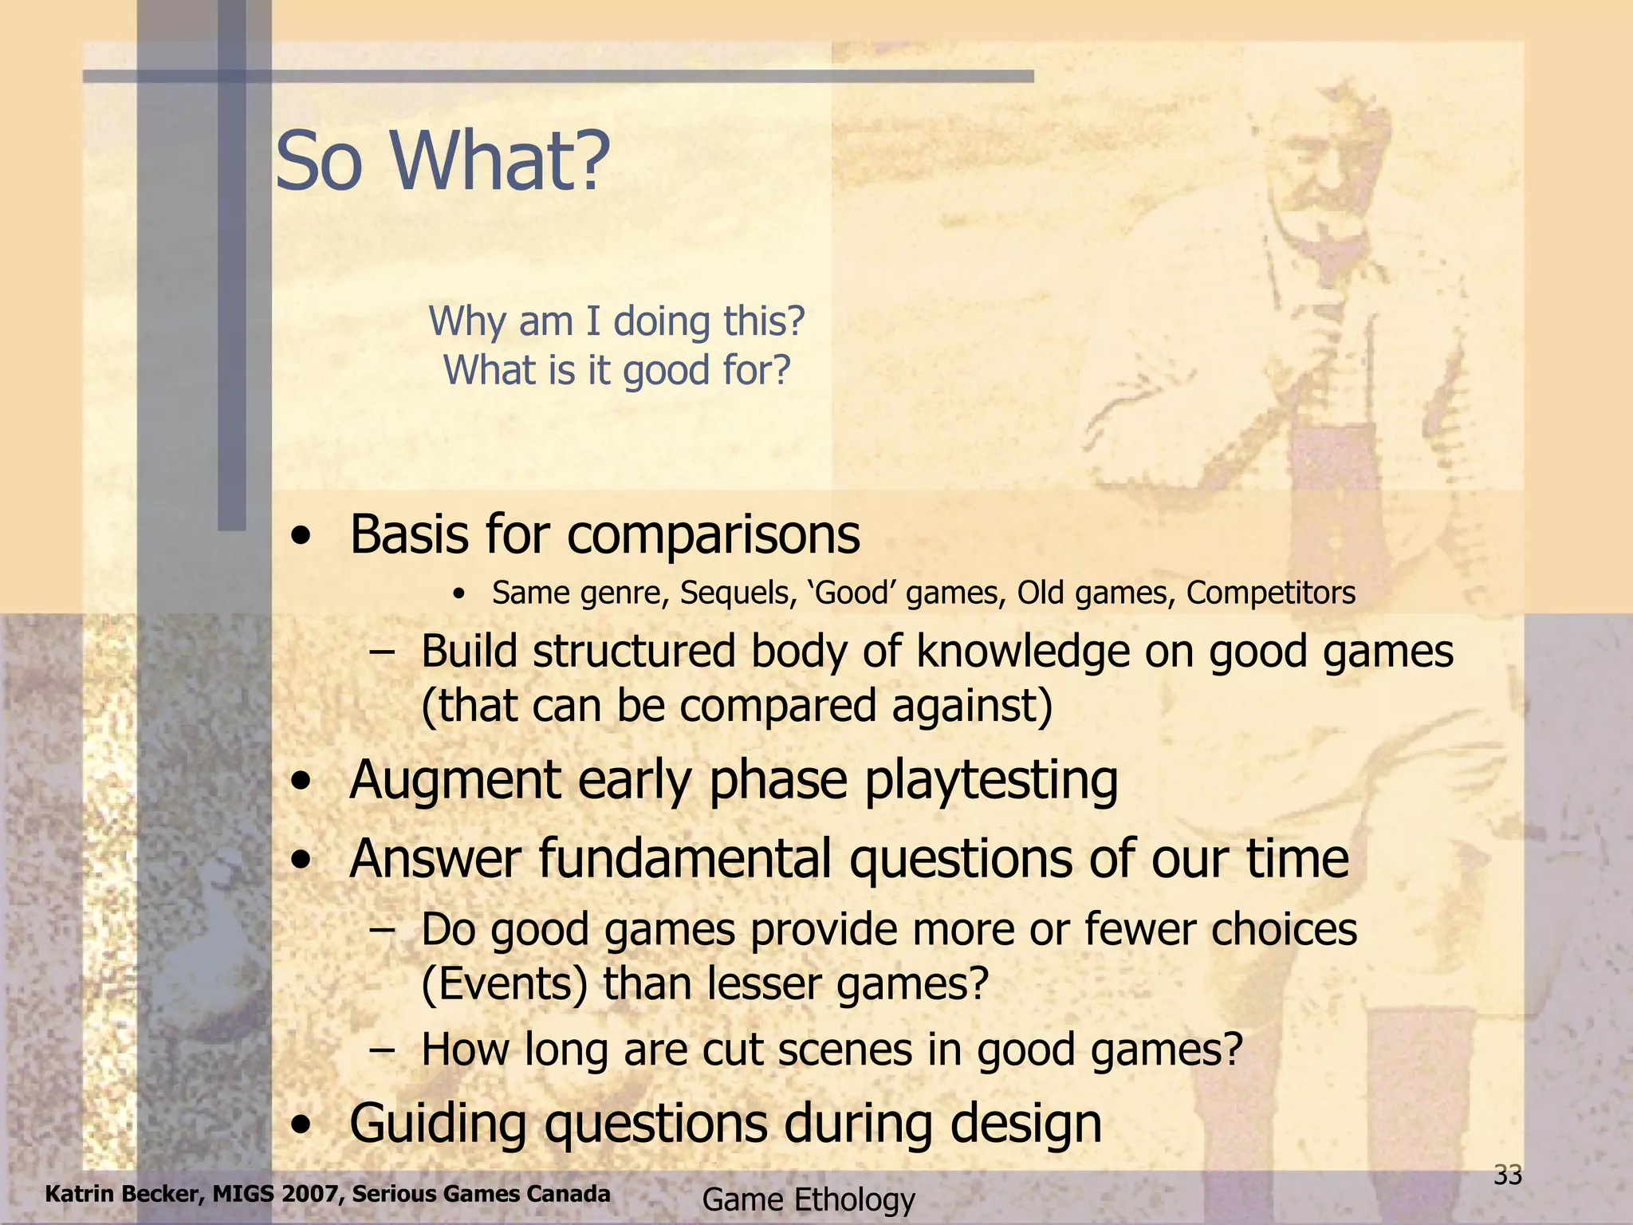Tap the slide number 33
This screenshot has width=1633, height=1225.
coord(1507,1176)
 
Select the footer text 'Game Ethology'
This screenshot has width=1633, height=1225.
coord(809,1199)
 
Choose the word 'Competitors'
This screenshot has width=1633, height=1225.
coord(1271,593)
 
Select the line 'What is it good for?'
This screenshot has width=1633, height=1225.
coord(617,370)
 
